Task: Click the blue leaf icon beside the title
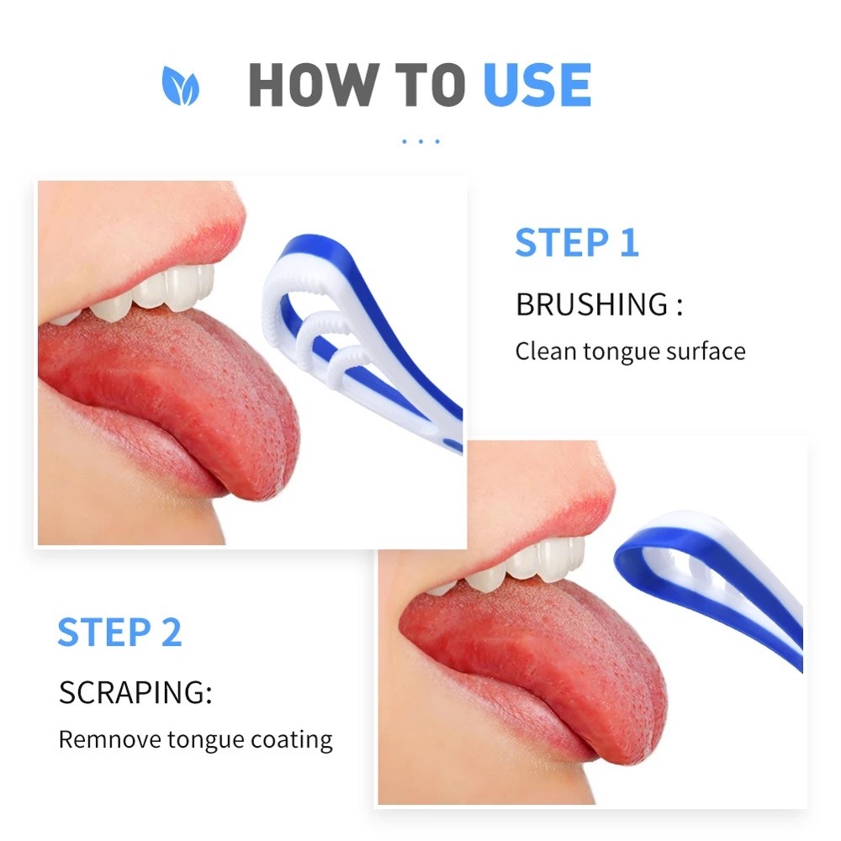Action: click(180, 87)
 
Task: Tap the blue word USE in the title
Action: click(537, 85)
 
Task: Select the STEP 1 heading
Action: click(577, 242)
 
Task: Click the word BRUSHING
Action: click(591, 304)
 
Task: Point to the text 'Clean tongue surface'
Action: click(630, 351)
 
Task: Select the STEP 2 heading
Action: click(119, 632)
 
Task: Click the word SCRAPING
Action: click(135, 694)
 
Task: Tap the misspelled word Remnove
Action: click(109, 740)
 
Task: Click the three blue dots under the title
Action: click(420, 141)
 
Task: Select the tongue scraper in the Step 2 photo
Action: click(715, 572)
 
